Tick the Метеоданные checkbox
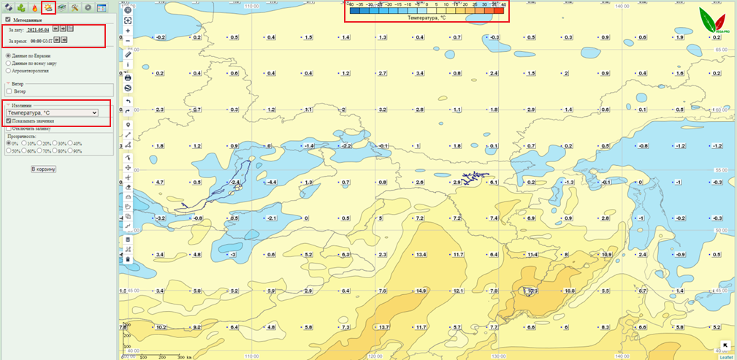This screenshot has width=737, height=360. click(8, 20)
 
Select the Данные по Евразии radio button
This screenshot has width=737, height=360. click(8, 55)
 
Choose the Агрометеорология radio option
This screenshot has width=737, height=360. click(8, 72)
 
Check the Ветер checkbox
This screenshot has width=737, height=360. click(9, 91)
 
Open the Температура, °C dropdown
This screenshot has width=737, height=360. click(51, 113)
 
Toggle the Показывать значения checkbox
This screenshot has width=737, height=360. click(9, 121)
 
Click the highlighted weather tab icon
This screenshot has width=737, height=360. click(48, 7)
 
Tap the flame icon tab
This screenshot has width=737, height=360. click(34, 7)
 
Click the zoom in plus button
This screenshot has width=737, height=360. click(129, 31)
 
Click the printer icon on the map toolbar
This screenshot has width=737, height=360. click(129, 77)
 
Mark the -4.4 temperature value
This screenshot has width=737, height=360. click(271, 182)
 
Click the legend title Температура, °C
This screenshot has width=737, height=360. click(427, 18)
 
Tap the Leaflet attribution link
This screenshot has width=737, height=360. click(726, 357)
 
